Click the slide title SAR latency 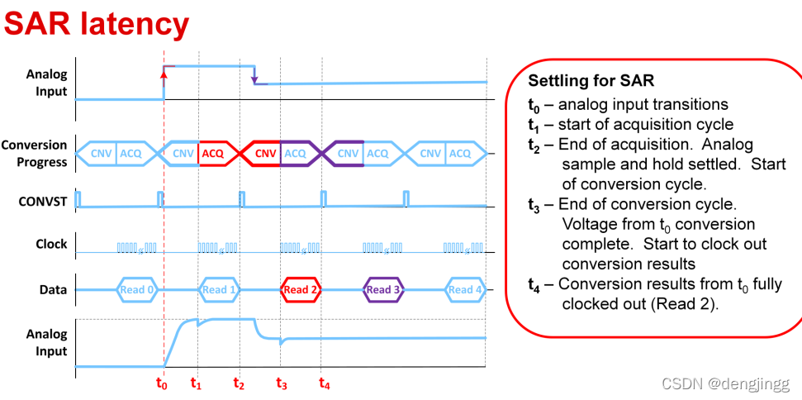97,25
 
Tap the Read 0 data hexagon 137,289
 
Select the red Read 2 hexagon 301,289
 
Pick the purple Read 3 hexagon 382,289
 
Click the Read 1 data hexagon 219,289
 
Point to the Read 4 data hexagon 464,289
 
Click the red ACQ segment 213,153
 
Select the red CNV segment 265,153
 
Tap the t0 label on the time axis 162,383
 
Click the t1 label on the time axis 196,383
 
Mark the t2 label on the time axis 239,383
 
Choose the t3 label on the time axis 282,383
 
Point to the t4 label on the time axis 324,383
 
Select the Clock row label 51,244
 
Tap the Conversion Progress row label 35,153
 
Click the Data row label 53,289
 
